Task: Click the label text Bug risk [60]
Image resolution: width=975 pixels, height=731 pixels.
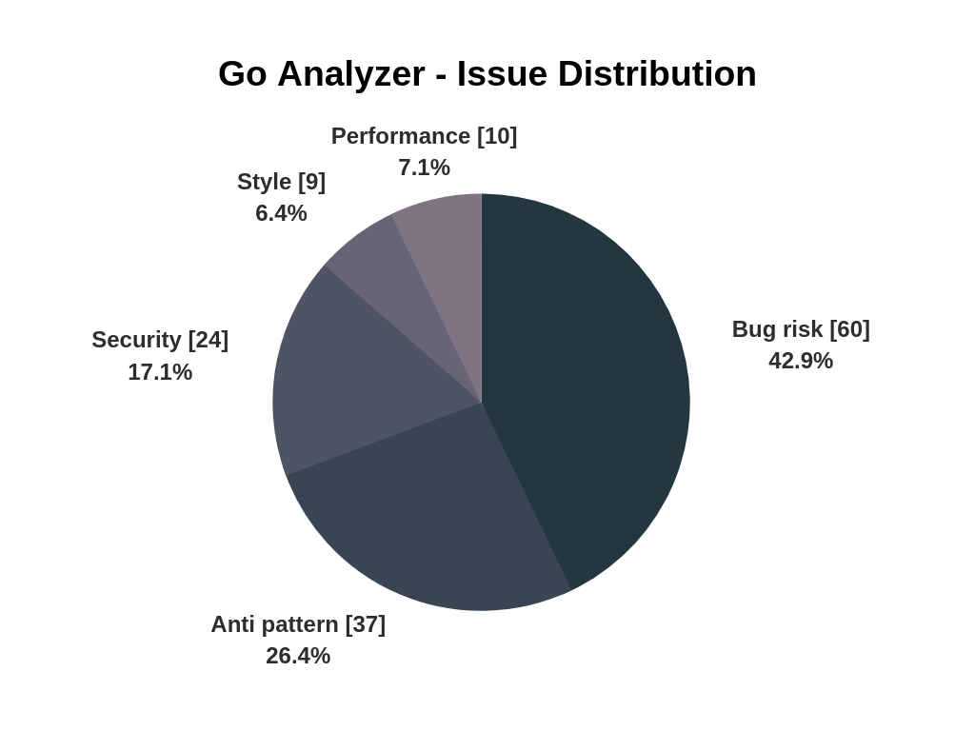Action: [x=801, y=329]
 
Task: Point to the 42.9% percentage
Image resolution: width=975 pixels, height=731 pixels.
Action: [x=801, y=361]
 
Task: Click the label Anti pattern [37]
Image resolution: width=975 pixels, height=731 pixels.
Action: [x=298, y=624]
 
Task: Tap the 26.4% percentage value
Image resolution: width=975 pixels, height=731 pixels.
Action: [x=298, y=656]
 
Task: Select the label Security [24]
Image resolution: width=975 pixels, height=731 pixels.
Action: [x=160, y=340]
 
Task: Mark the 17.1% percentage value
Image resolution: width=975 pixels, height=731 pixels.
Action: [x=160, y=372]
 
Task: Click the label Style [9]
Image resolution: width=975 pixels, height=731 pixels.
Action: [x=281, y=182]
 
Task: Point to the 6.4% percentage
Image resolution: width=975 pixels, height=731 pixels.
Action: [x=281, y=213]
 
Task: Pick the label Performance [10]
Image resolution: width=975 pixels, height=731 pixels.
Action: [x=424, y=136]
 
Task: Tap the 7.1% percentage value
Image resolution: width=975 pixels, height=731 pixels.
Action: [x=424, y=168]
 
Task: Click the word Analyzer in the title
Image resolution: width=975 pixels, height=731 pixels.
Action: [x=350, y=74]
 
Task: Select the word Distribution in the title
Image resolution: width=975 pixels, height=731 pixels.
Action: [x=657, y=74]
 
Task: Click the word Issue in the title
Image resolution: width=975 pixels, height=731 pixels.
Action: [x=502, y=74]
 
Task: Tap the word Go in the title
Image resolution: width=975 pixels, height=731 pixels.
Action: [x=243, y=74]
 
